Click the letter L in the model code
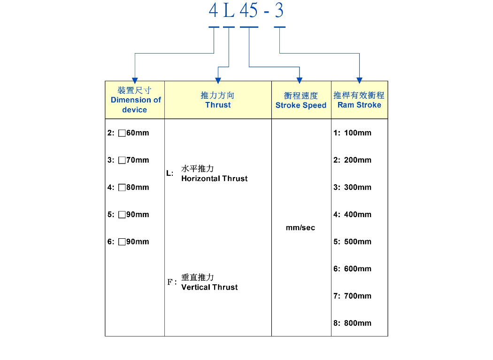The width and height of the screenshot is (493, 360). click(229, 10)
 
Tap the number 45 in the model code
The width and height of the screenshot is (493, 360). click(249, 10)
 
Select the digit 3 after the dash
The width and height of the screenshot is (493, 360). click(279, 10)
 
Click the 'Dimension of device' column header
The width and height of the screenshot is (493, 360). click(135, 100)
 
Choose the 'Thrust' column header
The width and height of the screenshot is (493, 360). click(218, 100)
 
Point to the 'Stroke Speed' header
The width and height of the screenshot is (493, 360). click(301, 101)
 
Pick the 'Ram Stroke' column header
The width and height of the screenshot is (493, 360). click(359, 100)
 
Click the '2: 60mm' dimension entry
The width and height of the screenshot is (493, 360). click(128, 133)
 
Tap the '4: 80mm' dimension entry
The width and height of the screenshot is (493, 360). click(128, 187)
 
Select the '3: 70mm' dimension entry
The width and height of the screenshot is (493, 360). click(128, 160)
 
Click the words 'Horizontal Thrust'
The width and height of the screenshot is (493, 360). click(215, 179)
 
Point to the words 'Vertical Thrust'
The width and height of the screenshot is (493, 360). click(209, 287)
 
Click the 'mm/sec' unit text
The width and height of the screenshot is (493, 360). click(300, 227)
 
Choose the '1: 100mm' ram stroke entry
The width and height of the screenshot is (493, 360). click(353, 133)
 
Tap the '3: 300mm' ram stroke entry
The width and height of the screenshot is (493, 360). click(353, 187)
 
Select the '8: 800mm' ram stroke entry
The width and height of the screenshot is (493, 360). click(353, 323)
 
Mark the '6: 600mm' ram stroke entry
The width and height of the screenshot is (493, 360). click(353, 269)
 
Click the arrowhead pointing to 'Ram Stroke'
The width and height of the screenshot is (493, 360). click(359, 80)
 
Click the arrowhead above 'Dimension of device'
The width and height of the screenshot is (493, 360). click(135, 80)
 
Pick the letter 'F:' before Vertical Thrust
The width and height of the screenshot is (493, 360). click(172, 282)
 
